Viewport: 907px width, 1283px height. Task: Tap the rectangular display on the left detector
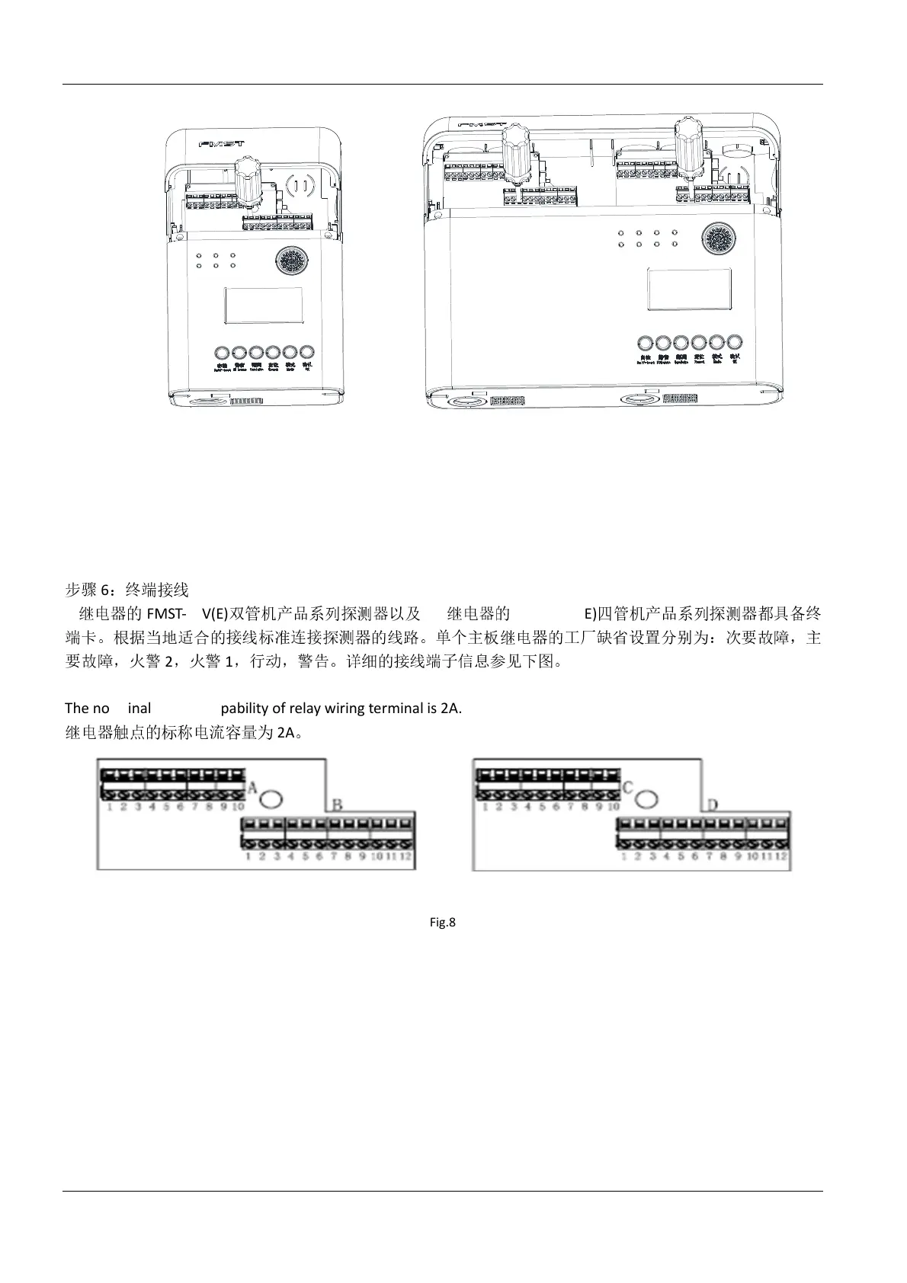(x=264, y=306)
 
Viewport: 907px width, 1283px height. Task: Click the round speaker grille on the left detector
(x=291, y=262)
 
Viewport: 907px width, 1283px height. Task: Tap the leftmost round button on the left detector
(x=223, y=353)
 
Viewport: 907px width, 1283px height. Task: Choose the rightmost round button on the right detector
(x=735, y=342)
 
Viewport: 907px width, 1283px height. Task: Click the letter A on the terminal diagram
(x=252, y=785)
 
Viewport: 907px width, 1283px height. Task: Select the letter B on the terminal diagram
(x=336, y=805)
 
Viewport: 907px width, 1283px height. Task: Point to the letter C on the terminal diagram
(x=627, y=786)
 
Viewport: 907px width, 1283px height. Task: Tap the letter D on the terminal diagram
(x=712, y=805)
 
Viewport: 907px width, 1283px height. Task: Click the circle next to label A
(x=271, y=798)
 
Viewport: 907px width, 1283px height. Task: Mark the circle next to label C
(x=646, y=798)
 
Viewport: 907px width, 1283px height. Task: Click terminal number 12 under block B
(x=406, y=856)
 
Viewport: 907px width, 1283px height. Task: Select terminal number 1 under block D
(x=625, y=856)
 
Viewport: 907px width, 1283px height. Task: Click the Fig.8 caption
(x=442, y=923)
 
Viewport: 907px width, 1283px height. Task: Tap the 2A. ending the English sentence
(x=451, y=708)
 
